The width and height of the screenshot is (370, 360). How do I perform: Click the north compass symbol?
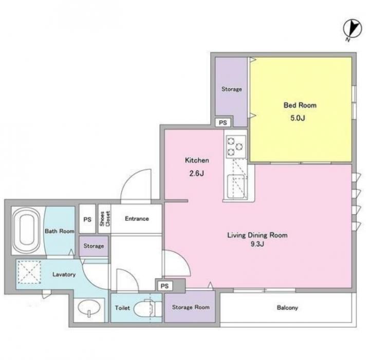(353, 29)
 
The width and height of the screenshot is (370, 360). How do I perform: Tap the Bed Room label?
(300, 105)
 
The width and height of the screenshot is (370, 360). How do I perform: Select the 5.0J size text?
(298, 118)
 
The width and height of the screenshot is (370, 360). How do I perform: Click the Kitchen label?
(197, 160)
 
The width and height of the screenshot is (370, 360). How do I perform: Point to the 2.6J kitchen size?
(196, 174)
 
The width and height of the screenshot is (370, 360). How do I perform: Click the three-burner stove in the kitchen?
(236, 147)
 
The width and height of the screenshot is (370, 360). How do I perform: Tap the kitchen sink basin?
(236, 186)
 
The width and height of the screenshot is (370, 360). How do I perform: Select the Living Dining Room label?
(257, 235)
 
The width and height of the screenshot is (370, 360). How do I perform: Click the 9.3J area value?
(257, 244)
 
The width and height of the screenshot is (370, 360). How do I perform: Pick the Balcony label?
(287, 308)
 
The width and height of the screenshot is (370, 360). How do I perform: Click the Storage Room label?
(191, 307)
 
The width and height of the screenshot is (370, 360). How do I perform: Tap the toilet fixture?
(147, 308)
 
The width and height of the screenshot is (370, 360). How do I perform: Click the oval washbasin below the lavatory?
(89, 308)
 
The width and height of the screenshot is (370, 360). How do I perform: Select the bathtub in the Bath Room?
(26, 231)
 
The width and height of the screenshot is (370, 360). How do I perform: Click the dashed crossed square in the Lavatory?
(29, 272)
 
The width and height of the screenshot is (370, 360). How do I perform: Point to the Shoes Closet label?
(104, 219)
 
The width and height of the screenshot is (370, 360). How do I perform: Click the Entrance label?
(137, 219)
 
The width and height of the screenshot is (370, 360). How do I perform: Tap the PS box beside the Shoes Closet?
(87, 219)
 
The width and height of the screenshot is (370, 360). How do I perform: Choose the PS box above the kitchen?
(223, 123)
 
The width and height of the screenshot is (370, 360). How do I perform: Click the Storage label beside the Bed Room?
(232, 89)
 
